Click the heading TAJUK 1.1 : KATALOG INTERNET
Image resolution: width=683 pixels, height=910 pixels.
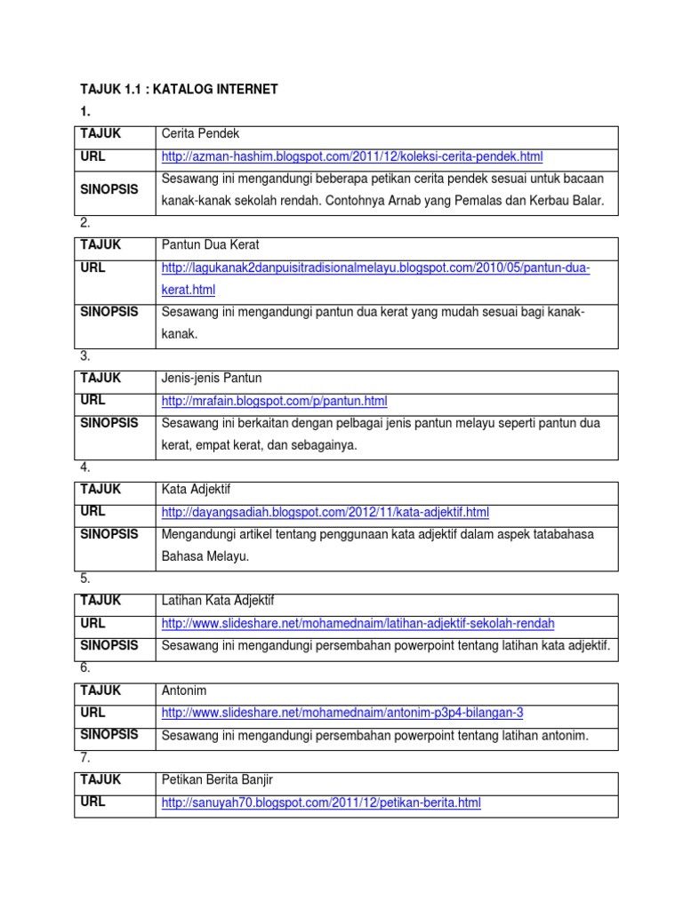[180, 89]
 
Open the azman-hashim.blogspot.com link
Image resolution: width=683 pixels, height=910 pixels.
[351, 156]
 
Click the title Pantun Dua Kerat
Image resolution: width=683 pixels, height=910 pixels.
[210, 244]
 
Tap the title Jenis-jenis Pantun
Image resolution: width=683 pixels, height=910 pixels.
[212, 379]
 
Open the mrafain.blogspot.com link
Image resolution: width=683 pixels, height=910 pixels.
[274, 401]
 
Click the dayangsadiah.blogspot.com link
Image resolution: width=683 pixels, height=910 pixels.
[325, 512]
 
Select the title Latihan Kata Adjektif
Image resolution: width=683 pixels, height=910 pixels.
[224, 601]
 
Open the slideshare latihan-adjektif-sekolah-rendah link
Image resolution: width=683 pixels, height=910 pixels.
[364, 623]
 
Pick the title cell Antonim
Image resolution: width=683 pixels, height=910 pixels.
[184, 690]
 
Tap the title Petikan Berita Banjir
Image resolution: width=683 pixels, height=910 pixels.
[217, 780]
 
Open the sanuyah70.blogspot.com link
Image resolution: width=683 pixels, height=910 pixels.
[320, 802]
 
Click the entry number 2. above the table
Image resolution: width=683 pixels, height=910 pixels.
[85, 222]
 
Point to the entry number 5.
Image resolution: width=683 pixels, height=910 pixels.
[85, 578]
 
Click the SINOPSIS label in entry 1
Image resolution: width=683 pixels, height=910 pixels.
[108, 190]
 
